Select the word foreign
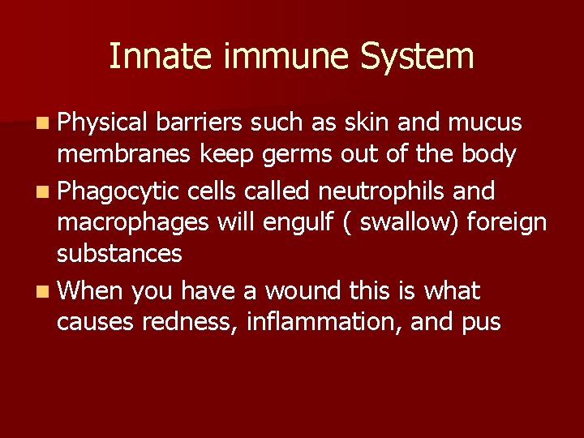tap(507, 222)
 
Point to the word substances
tap(119, 254)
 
